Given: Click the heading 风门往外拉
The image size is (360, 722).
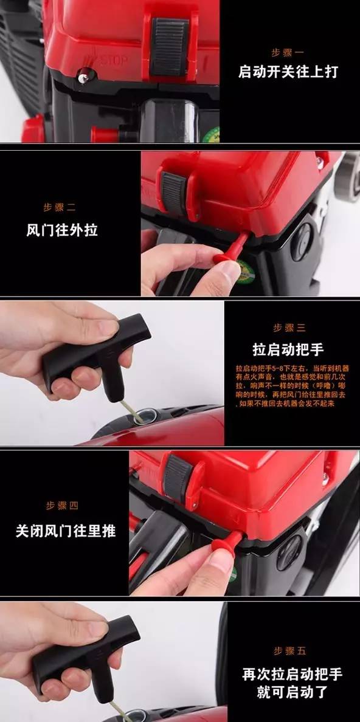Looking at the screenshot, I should [62, 230].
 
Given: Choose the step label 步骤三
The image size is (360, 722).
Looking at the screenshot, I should [289, 328].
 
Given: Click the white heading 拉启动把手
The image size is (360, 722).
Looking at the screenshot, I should [288, 349].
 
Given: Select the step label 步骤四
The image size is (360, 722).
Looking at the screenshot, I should [62, 506].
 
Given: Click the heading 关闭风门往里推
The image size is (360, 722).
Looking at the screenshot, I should [65, 531].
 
